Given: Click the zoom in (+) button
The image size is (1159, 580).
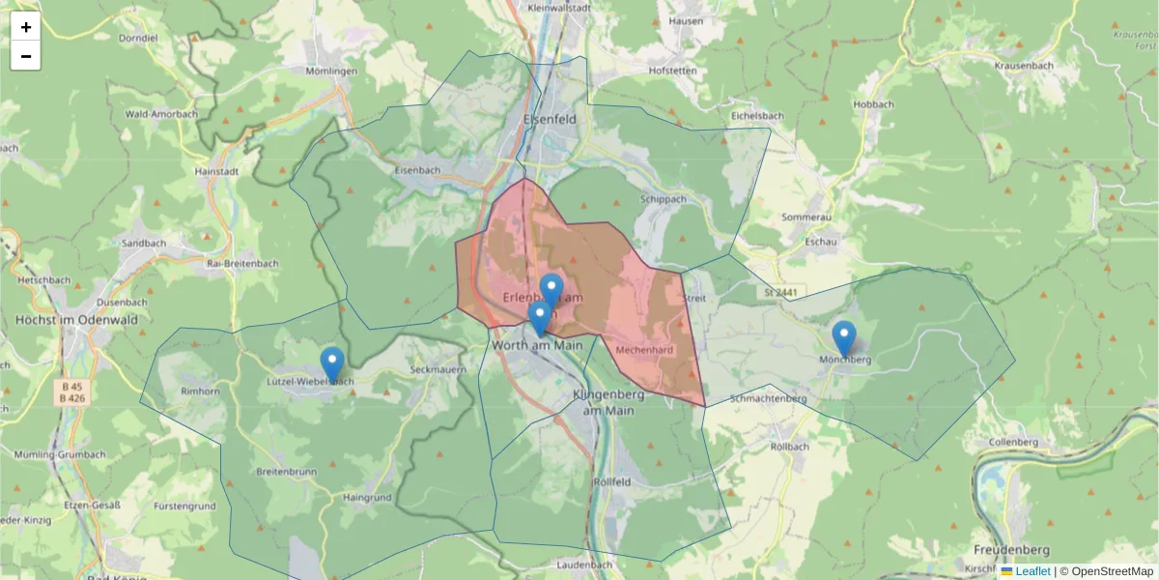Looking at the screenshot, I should tap(26, 27).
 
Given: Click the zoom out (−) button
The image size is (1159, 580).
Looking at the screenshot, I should tap(26, 56).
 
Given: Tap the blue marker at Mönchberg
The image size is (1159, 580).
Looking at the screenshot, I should tap(844, 339).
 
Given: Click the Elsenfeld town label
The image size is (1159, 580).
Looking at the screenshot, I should tap(549, 119).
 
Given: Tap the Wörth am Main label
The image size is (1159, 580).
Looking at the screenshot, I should tap(537, 344).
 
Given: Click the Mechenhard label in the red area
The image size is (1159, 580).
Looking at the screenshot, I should tap(643, 349).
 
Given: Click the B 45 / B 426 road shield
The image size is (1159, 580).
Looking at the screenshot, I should tap(71, 391).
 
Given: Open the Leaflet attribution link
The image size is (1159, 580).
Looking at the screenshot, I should tap(1032, 571).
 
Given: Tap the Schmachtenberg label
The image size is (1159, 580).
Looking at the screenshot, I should tap(769, 398).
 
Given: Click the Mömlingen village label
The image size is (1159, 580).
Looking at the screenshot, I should tap(331, 72).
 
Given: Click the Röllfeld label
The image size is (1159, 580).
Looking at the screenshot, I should tap(612, 481).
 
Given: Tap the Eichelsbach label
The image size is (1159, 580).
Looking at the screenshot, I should tap(757, 116).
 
